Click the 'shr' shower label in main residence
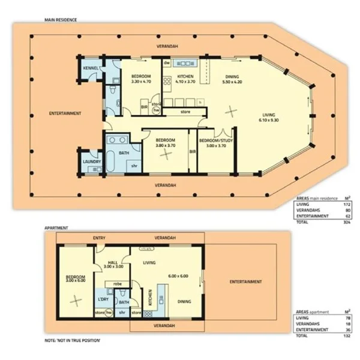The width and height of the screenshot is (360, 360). click(134, 165)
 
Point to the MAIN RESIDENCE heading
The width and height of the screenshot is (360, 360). click(61, 19)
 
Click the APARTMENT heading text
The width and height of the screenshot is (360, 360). click(56, 229)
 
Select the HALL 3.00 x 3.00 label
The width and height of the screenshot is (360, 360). click(111, 266)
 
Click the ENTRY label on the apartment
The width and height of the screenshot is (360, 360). click(99, 238)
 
